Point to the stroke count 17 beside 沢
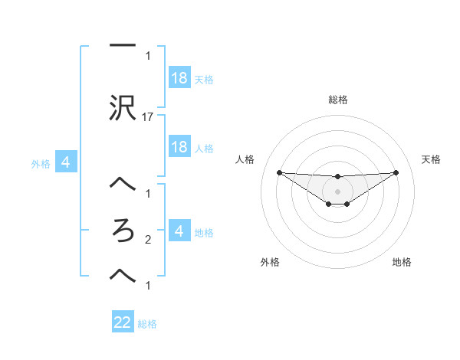tap(149, 117)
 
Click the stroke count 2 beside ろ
tap(148, 240)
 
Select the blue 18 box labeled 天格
tap(179, 78)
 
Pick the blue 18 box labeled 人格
tap(179, 147)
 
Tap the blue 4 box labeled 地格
tap(179, 231)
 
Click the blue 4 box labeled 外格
tap(66, 162)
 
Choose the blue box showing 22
tap(123, 322)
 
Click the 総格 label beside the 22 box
tap(147, 324)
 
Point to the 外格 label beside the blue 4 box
tap(40, 163)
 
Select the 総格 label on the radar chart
tap(338, 100)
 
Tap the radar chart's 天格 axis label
tap(432, 159)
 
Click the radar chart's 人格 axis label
tap(245, 159)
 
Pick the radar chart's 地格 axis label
tap(402, 262)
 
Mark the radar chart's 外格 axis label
tap(270, 262)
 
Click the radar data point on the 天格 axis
tap(396, 172)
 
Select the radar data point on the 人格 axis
tap(279, 172)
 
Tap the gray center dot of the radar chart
tap(337, 191)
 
